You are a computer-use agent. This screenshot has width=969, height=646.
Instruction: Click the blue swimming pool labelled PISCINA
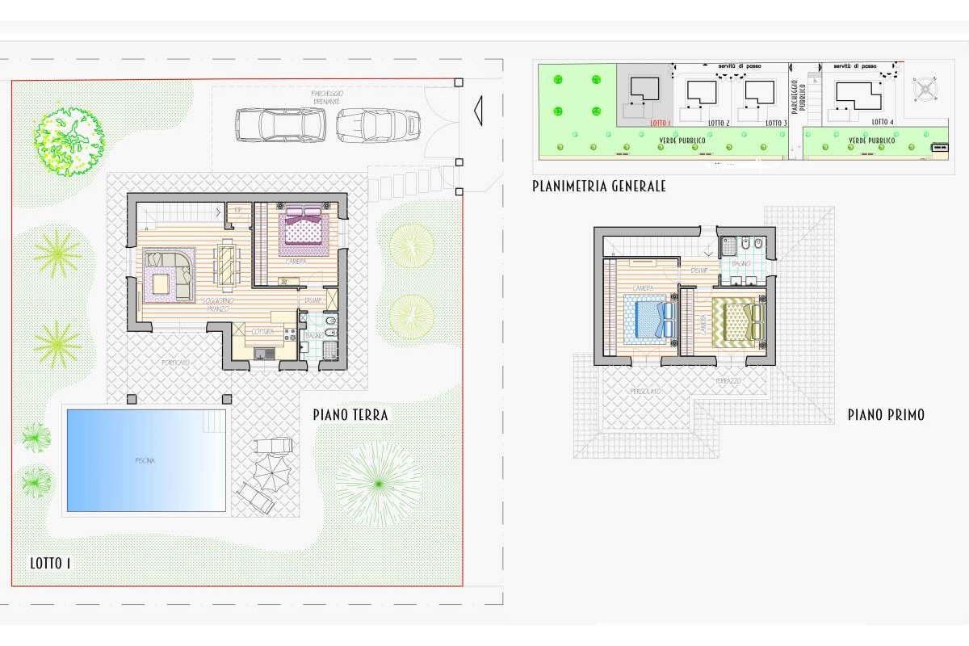pos(146,460)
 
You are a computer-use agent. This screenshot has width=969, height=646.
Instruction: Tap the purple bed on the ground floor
pos(304,227)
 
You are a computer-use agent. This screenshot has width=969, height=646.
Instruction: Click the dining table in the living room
pos(225,264)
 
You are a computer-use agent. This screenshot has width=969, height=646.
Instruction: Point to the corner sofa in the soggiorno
pos(170,275)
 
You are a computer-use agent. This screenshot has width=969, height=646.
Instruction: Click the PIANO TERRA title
pos(350,415)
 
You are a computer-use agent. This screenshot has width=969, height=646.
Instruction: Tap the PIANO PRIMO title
pos(886,415)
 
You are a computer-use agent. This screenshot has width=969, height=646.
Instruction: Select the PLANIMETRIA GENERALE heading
pos(598,186)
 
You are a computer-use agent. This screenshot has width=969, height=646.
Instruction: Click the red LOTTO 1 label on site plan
pos(661,123)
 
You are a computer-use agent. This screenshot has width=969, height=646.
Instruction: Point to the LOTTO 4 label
pos(883,122)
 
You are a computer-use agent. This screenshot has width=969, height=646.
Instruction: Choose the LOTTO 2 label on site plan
pos(719,123)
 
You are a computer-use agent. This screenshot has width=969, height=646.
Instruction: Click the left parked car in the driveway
pos(280,124)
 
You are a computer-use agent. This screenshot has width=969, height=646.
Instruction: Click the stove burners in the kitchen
pos(242,329)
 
